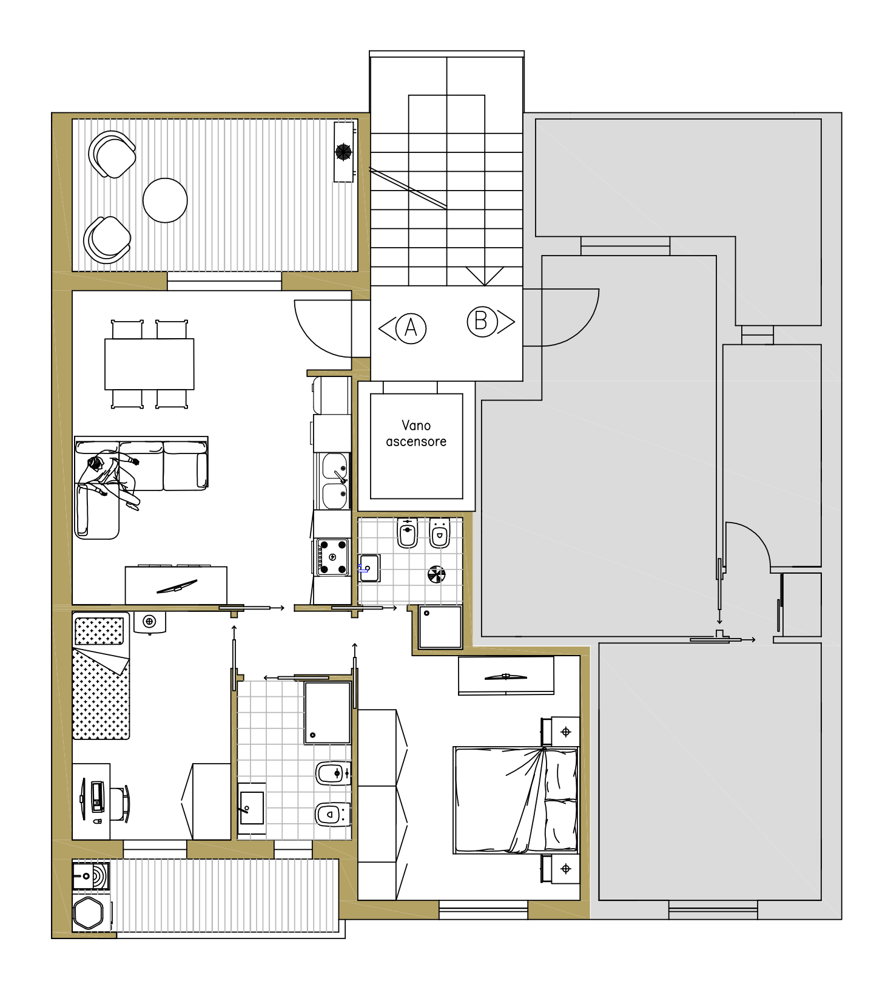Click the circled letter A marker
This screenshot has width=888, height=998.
click(411, 328)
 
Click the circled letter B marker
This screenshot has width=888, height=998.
click(482, 321)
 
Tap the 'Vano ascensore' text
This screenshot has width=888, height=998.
click(416, 433)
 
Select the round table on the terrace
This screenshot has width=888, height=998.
click(165, 200)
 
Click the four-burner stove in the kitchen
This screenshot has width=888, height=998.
click(332, 557)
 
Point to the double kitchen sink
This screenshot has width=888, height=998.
click(334, 481)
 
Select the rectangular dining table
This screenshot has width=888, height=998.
click(149, 364)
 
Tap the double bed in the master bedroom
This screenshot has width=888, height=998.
click(516, 800)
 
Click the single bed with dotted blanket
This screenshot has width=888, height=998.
click(101, 676)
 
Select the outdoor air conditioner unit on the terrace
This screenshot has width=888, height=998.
click(344, 152)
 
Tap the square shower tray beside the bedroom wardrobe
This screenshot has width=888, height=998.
click(440, 626)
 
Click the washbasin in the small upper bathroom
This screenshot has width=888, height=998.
click(368, 568)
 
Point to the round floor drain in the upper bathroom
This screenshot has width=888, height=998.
click(437, 574)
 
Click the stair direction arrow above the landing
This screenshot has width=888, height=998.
click(485, 276)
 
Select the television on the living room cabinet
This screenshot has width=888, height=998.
click(177, 586)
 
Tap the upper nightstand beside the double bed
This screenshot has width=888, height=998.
click(560, 732)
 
